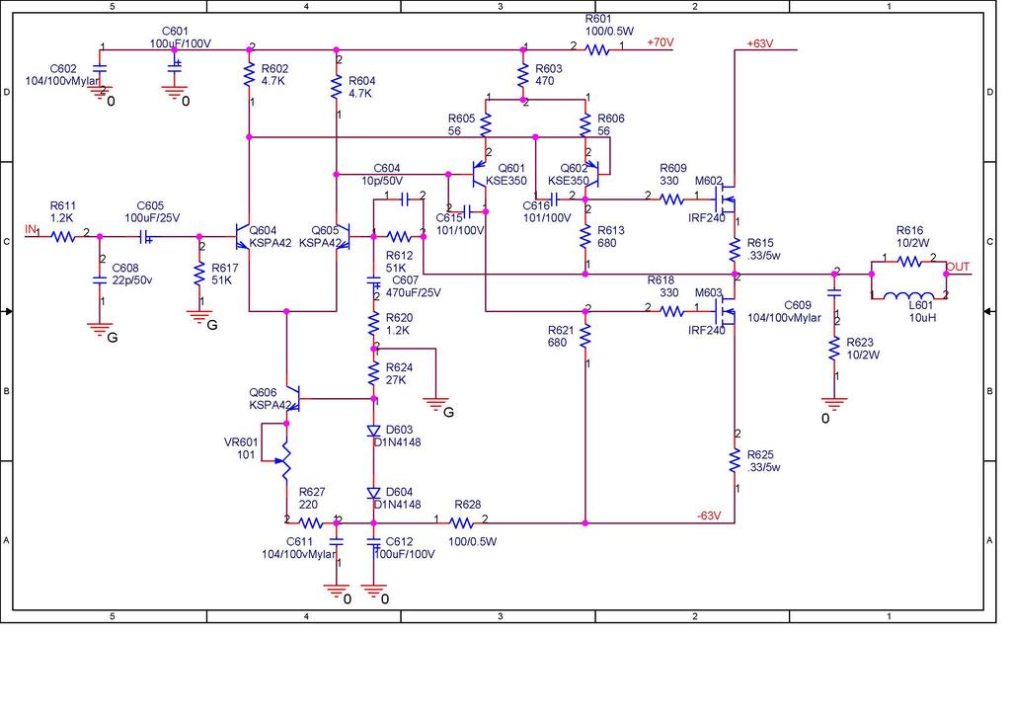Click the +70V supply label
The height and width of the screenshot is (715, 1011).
click(x=661, y=42)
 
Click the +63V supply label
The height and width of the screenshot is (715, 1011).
click(x=760, y=43)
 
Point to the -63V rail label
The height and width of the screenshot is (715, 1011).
click(x=709, y=516)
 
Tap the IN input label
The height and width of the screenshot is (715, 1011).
click(x=31, y=229)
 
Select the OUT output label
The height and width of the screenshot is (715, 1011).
click(x=958, y=267)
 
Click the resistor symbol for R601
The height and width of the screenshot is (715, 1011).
click(x=597, y=49)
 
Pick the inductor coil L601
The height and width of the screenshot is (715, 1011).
click(x=908, y=296)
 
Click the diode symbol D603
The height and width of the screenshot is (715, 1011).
click(x=373, y=430)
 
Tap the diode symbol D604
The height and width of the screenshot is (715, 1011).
click(x=373, y=493)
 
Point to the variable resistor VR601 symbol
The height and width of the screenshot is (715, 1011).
click(x=283, y=460)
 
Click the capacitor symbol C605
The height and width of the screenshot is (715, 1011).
click(x=146, y=237)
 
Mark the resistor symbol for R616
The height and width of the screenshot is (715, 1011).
click(x=909, y=262)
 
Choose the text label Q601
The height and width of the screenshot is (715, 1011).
click(x=511, y=168)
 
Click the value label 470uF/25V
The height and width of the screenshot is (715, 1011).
click(x=414, y=292)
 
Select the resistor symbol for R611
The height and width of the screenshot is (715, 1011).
click(x=63, y=237)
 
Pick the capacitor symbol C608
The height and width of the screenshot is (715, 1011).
click(x=100, y=279)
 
